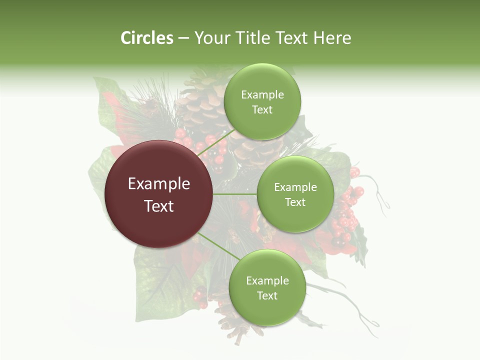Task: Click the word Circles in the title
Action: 146,38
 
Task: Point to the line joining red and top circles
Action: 216,142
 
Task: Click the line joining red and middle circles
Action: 235,194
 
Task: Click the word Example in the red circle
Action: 159,184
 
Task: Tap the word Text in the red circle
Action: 159,206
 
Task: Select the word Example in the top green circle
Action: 262,94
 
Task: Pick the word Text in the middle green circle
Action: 295,202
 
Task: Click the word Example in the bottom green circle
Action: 267,280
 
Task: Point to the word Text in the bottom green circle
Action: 267,295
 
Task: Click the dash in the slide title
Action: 183,38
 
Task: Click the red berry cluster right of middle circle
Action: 347,215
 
